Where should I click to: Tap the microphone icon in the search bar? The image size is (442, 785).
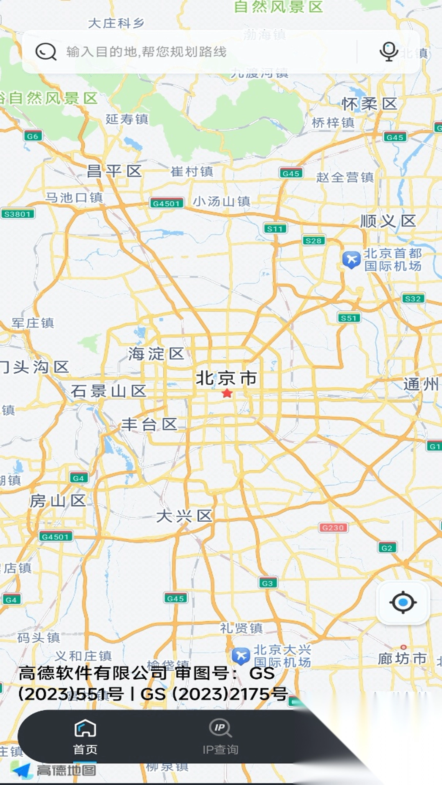388,52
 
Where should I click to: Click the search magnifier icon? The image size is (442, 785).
46,52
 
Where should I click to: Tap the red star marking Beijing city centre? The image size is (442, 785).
227,393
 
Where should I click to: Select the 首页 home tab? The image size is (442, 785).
85,736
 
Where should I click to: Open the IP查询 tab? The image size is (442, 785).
220,736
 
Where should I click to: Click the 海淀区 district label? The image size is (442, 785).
156,354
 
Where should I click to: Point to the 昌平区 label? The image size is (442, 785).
114,171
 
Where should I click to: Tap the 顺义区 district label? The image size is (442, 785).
388,221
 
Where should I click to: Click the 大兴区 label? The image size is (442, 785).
184,516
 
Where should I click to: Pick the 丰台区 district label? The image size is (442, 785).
149,424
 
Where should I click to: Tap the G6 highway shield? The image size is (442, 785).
33,136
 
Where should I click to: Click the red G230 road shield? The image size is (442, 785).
333,528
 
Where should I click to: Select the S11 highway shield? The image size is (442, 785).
275,229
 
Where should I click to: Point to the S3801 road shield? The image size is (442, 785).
18,213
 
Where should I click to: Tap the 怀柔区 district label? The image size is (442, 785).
369,104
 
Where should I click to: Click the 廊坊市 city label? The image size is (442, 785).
402,658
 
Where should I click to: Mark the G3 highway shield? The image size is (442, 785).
268,583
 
